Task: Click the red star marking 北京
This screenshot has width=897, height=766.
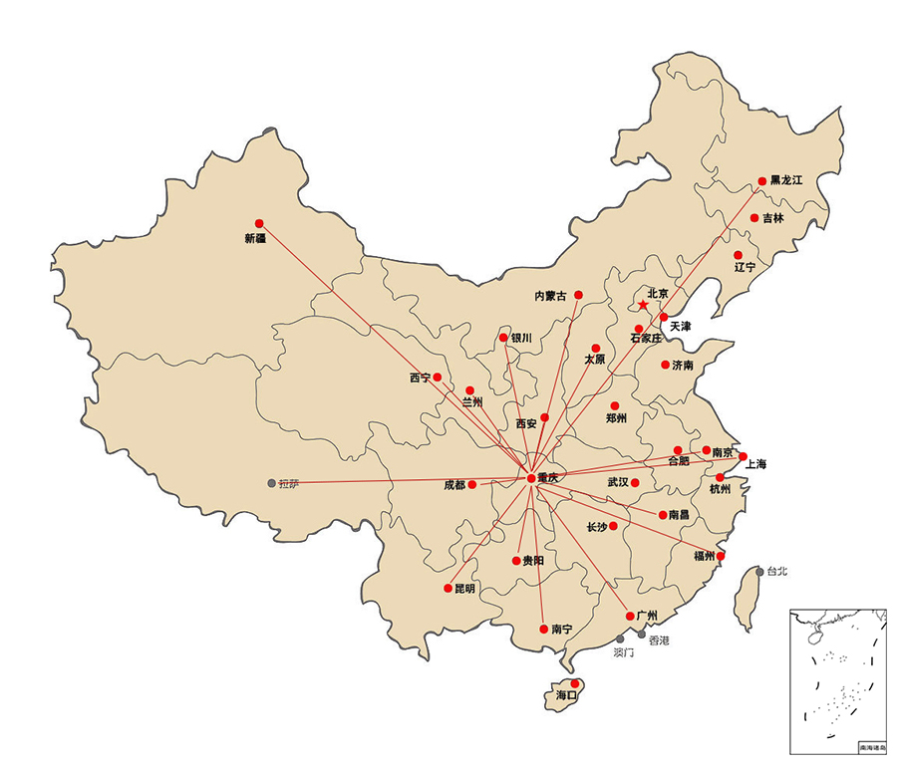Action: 643,306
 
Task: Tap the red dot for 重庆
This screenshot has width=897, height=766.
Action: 530,478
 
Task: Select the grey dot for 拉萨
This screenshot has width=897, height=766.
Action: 272,483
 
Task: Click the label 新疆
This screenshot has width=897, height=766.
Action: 255,238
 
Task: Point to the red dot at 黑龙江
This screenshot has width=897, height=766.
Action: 762,181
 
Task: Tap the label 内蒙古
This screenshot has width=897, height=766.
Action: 550,296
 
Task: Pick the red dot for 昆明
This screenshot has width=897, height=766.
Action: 448,588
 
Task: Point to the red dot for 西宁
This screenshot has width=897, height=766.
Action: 438,378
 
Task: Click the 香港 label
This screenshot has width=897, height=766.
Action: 659,640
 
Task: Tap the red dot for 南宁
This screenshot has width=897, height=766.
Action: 542,629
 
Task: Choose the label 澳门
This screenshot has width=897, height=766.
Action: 624,653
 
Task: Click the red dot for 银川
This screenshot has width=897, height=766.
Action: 503,338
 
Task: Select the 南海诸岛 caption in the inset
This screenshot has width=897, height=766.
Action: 871,747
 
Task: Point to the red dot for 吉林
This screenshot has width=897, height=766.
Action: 754,218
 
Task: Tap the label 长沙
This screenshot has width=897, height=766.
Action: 596,527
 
